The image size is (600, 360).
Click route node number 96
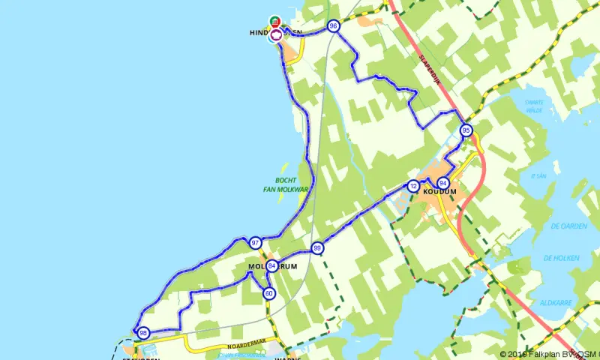click(x=333, y=26)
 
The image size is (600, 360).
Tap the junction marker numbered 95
click(x=466, y=130)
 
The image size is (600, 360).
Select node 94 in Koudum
click(x=443, y=183)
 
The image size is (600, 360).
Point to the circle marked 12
click(x=413, y=186)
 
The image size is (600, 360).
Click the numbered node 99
click(x=317, y=248)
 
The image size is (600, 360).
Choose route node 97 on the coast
click(x=256, y=242)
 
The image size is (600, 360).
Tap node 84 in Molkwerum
click(x=271, y=265)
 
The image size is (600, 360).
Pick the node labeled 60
click(x=269, y=293)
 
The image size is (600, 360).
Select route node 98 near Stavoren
click(x=143, y=333)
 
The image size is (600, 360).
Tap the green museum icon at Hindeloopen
click(x=275, y=20)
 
